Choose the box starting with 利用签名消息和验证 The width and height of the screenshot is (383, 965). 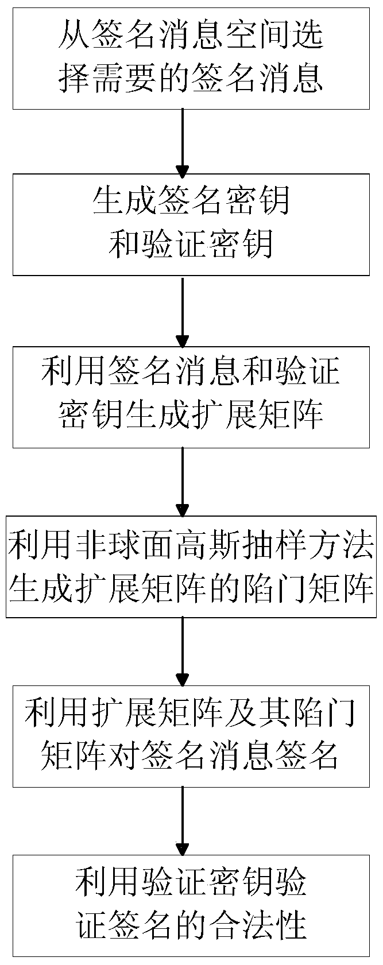191,397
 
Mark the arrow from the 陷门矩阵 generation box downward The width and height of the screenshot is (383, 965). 182,651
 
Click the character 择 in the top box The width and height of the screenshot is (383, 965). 72,79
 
